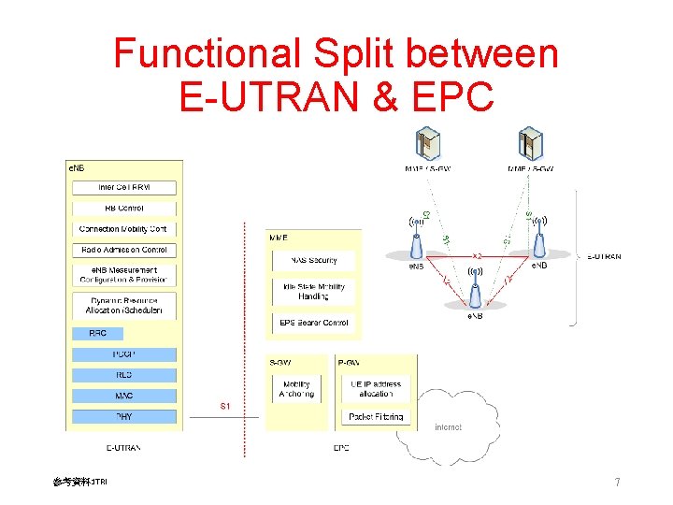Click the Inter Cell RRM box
(x=124, y=187)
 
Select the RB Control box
(x=124, y=208)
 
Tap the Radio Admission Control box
(x=124, y=250)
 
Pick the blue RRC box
(x=97, y=333)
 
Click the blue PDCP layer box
(x=124, y=354)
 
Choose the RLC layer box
(x=124, y=375)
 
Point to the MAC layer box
(x=124, y=396)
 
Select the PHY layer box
(x=124, y=416)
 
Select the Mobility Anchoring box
(x=296, y=388)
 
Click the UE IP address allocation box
(x=375, y=388)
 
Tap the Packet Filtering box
(x=375, y=416)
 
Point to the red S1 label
(x=225, y=406)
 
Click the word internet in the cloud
(x=448, y=427)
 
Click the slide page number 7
(x=617, y=483)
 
